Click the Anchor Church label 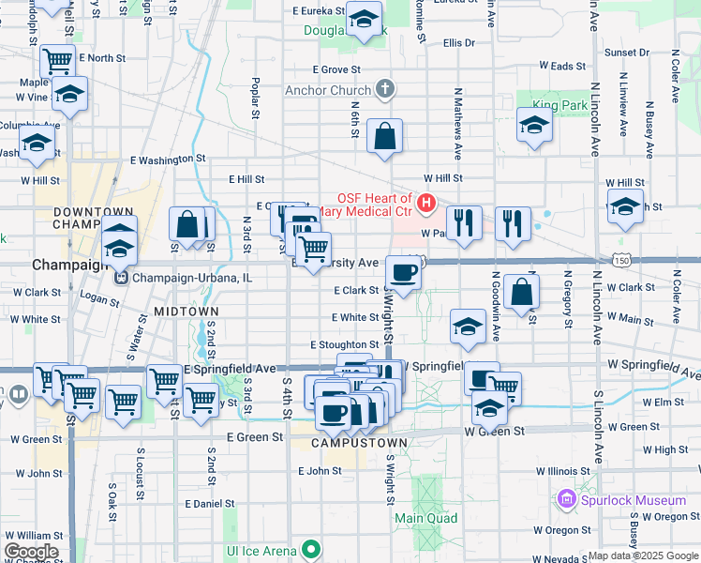[x=328, y=90]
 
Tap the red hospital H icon [x=426, y=202]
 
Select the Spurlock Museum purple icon [x=566, y=499]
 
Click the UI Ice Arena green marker [x=310, y=550]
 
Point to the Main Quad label [x=425, y=518]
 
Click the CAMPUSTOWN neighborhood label [x=359, y=443]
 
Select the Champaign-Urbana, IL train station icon [x=120, y=278]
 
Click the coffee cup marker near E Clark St [x=403, y=273]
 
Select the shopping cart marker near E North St [x=57, y=62]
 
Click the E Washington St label [x=167, y=160]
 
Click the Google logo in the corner [x=31, y=551]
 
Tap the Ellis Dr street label [x=459, y=43]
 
